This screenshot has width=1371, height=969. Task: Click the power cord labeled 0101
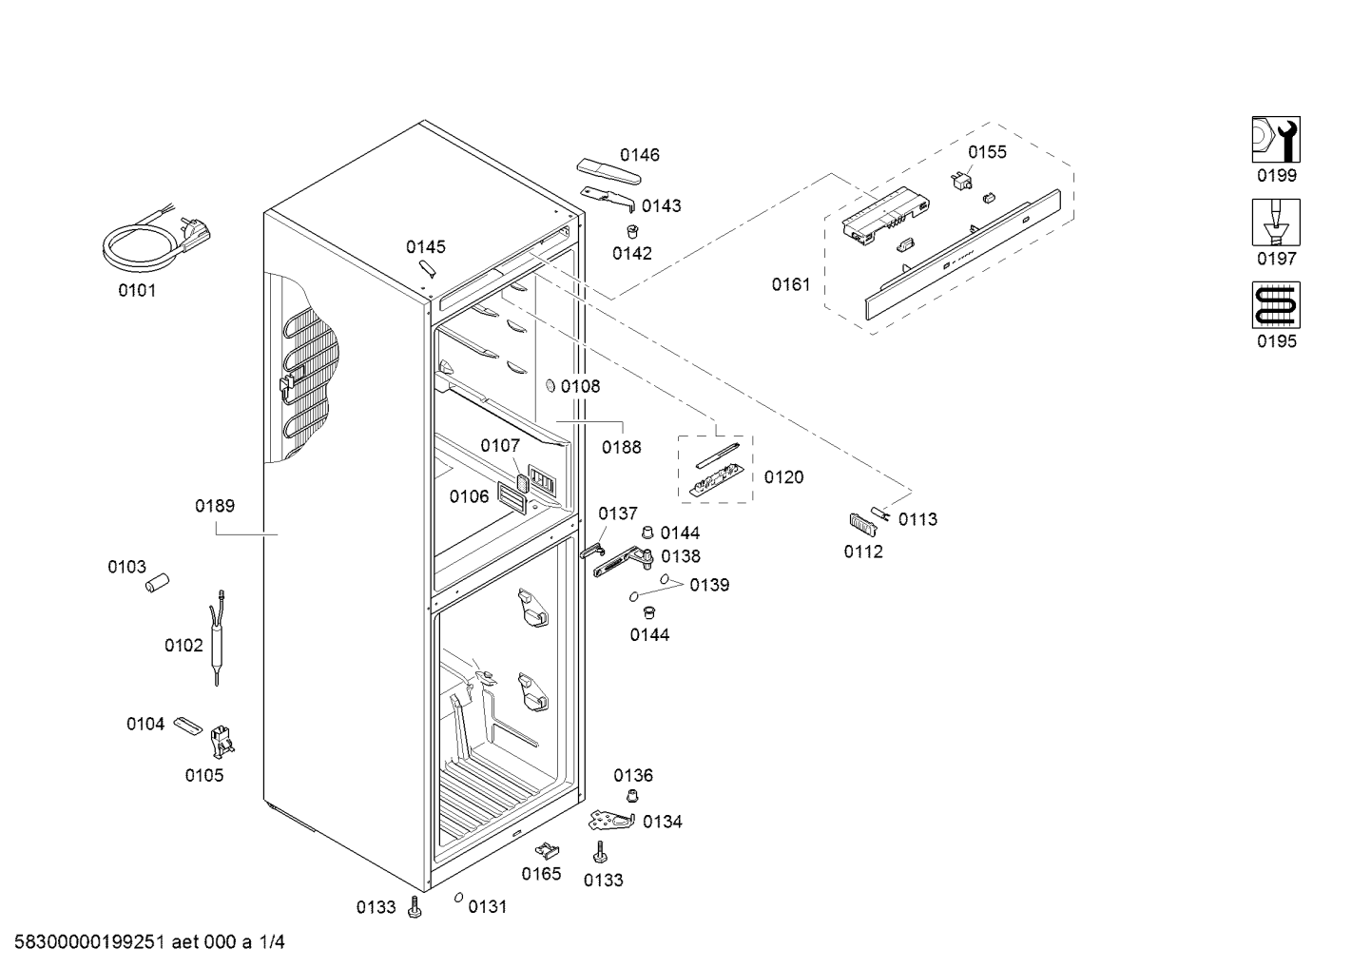tap(156, 239)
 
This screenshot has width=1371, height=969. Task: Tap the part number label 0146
tap(640, 155)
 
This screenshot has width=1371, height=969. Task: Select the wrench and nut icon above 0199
tap(1276, 140)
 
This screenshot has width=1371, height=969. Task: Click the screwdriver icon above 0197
tap(1276, 223)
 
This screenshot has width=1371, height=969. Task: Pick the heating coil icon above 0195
tap(1276, 305)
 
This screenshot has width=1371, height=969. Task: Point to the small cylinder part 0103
tap(157, 583)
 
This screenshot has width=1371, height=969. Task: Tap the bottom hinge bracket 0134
tap(610, 821)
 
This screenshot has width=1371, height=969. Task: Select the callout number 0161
tap(791, 284)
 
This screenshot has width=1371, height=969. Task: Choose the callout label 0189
tap(215, 506)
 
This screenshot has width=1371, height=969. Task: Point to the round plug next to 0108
tap(550, 386)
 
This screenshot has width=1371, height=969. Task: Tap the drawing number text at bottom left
tap(150, 942)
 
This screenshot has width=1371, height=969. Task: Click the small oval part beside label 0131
tap(458, 898)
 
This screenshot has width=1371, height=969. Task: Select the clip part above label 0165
tap(547, 850)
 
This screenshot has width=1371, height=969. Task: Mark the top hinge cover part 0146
tap(608, 171)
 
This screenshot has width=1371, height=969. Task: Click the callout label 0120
tap(783, 477)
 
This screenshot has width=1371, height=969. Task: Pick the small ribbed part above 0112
tap(863, 525)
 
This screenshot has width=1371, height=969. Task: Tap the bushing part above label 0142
tap(633, 232)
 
